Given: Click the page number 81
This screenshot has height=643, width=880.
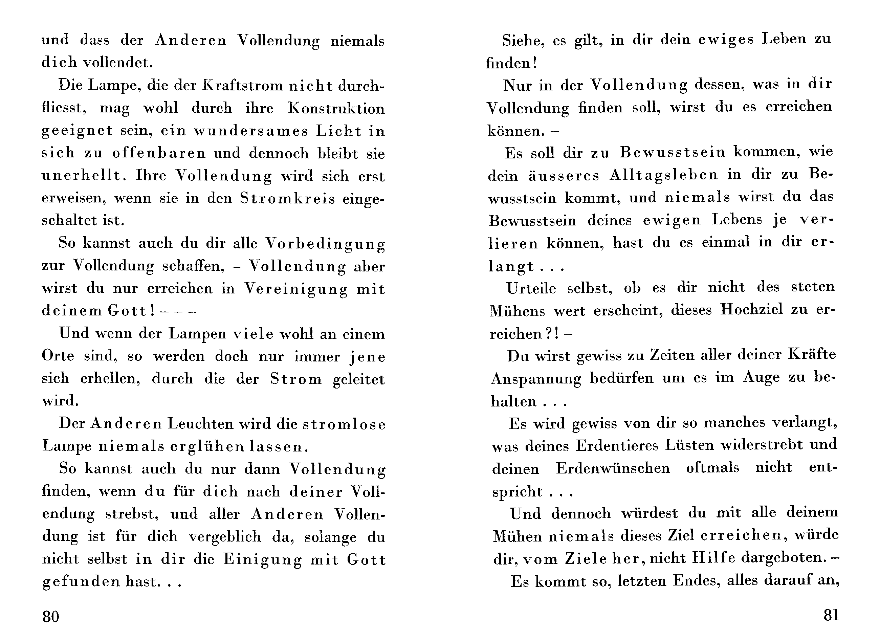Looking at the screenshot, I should pyautogui.click(x=831, y=615).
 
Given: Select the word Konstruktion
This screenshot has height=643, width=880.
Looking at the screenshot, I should pyautogui.click(x=336, y=108).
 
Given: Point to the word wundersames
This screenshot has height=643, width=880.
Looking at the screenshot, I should pyautogui.click(x=251, y=131).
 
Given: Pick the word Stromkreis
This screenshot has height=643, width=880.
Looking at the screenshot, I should pyautogui.click(x=287, y=199).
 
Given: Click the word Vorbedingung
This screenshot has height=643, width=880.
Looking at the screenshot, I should pyautogui.click(x=325, y=244).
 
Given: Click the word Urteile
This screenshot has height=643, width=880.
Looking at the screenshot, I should pyautogui.click(x=531, y=288).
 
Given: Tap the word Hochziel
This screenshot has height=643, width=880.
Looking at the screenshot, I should pyautogui.click(x=751, y=310).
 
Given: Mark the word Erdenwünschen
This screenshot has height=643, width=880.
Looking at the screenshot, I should pyautogui.click(x=613, y=468).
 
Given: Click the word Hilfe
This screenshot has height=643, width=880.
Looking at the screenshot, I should pyautogui.click(x=714, y=558).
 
